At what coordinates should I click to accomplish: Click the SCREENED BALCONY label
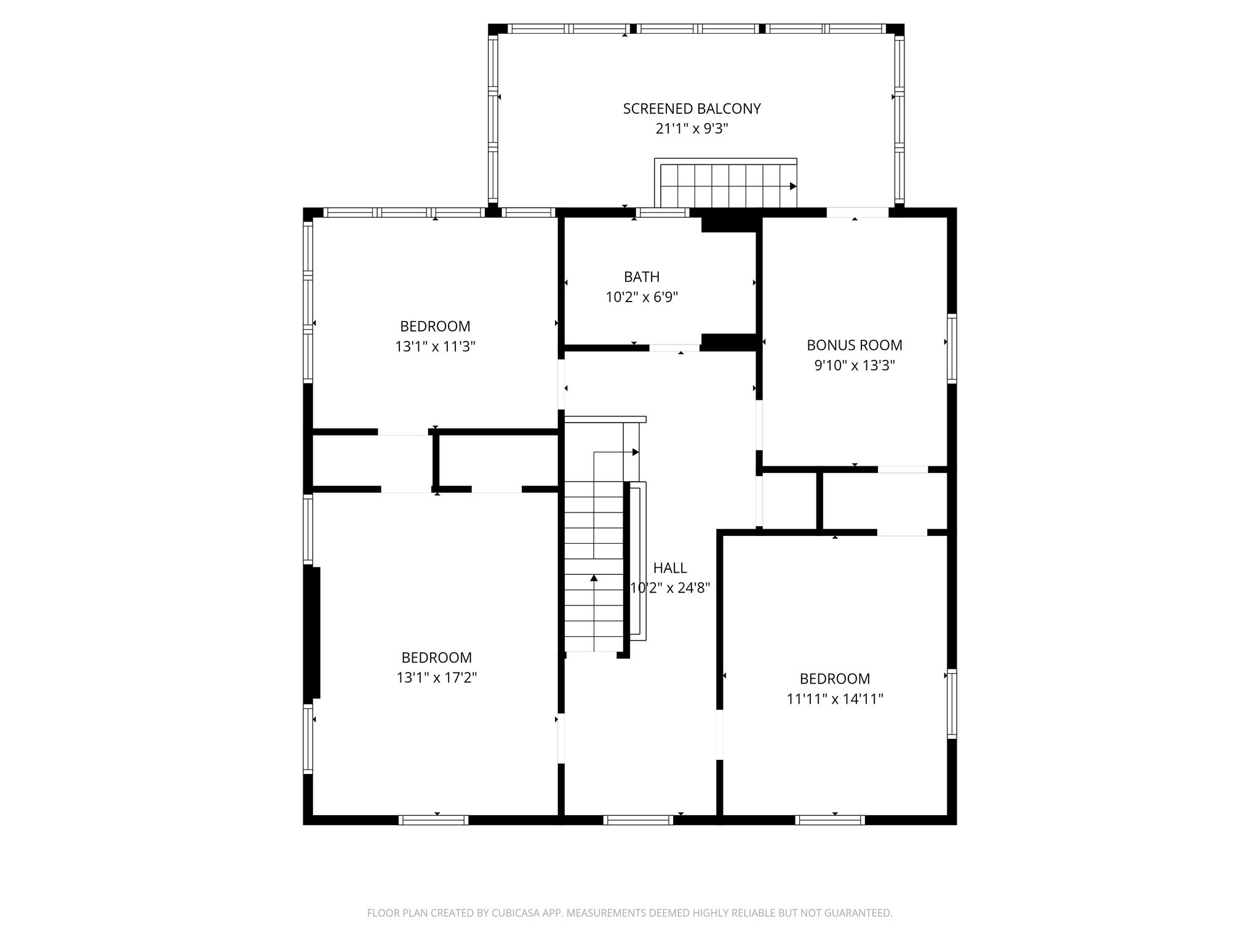[692, 109]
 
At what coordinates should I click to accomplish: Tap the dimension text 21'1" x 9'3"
[692, 129]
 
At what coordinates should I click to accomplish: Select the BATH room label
[642, 277]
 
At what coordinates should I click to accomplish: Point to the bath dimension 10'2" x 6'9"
[642, 298]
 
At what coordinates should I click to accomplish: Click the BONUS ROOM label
[855, 345]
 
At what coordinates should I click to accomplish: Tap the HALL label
[670, 568]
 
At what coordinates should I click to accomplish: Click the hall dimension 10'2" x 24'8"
[670, 588]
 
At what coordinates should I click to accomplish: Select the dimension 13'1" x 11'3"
[436, 347]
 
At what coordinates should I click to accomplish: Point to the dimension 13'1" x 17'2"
[437, 678]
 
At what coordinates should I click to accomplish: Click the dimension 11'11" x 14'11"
[835, 700]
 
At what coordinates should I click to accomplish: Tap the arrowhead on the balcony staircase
[794, 186]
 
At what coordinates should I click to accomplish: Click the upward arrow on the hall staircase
[594, 578]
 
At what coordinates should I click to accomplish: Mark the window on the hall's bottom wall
[639, 819]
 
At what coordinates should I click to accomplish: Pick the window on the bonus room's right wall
[952, 348]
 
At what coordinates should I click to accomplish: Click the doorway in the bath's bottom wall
[675, 348]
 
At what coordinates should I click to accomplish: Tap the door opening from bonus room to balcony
[857, 213]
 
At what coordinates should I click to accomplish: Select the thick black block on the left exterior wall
[313, 632]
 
